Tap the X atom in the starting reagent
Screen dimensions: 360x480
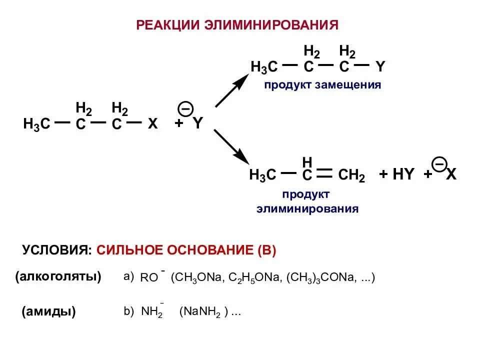[152, 124]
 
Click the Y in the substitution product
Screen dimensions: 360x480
[380, 67]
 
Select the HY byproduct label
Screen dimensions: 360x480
[403, 175]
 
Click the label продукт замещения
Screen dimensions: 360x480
[322, 85]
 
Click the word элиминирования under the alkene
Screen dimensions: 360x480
[307, 208]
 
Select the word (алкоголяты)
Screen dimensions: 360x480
[58, 276]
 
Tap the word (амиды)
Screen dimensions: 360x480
[48, 312]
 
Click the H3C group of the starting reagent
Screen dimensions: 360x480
[37, 124]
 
